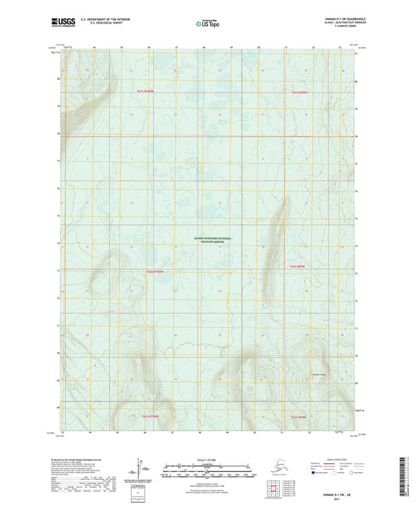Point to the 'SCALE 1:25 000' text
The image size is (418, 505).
pos(209,460)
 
